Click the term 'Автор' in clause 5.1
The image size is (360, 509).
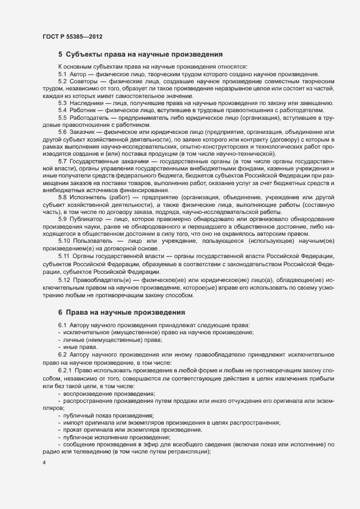(x=78, y=73)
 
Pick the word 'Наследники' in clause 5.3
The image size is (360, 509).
(x=87, y=103)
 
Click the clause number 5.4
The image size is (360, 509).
(x=62, y=111)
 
